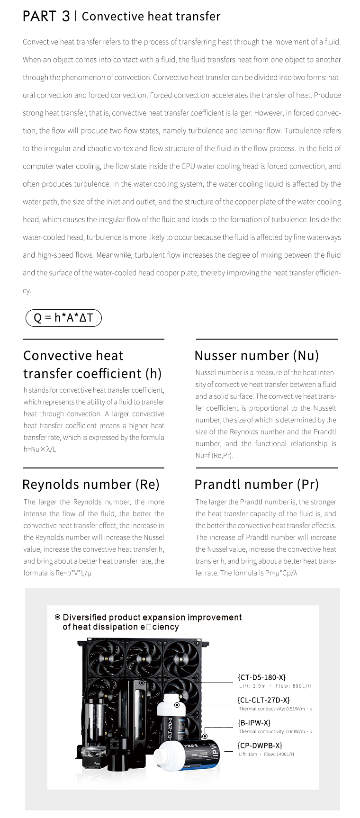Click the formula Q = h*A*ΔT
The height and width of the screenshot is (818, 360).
(x=63, y=318)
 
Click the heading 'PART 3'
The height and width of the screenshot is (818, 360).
(x=46, y=17)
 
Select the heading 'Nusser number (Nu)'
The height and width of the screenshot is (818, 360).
(x=256, y=355)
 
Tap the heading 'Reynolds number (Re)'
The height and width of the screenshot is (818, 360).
(x=91, y=484)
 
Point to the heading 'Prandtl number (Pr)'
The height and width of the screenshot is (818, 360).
(x=256, y=484)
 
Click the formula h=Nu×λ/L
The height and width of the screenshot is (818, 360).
(x=40, y=449)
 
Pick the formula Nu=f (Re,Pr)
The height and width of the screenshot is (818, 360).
(x=214, y=455)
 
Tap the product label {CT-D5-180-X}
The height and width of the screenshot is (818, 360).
(x=261, y=677)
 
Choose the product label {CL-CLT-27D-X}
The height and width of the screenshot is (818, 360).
(x=263, y=700)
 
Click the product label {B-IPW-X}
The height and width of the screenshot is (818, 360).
(x=254, y=723)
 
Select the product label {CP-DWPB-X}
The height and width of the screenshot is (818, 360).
(x=260, y=746)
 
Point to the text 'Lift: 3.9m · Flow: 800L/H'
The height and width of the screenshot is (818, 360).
(x=275, y=686)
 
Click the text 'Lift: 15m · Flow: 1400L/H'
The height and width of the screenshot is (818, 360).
(x=266, y=754)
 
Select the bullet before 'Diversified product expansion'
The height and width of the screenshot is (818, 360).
(x=58, y=617)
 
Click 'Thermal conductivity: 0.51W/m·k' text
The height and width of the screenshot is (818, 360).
(x=275, y=709)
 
